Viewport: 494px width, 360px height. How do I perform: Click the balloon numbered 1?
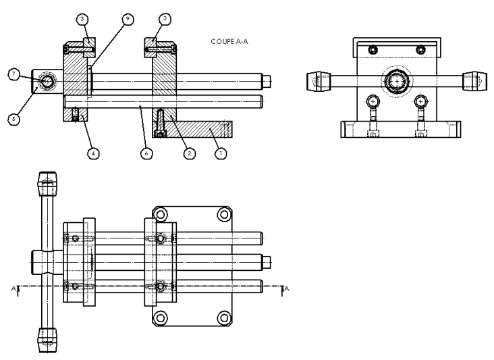tap(220, 153)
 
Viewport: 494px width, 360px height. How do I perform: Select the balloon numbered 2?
tap(190, 153)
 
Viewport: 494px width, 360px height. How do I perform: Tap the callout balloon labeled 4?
tap(94, 153)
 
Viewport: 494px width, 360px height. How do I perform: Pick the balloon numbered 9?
tap(127, 20)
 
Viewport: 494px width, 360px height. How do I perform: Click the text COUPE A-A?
tap(230, 41)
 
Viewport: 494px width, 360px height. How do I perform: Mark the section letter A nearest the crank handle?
tap(14, 289)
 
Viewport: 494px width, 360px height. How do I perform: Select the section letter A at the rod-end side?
tap(289, 289)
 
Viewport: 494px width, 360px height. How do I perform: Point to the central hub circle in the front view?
tap(397, 81)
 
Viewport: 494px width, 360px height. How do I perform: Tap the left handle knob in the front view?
tap(316, 81)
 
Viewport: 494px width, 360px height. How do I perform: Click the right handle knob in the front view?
tap(472, 81)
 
